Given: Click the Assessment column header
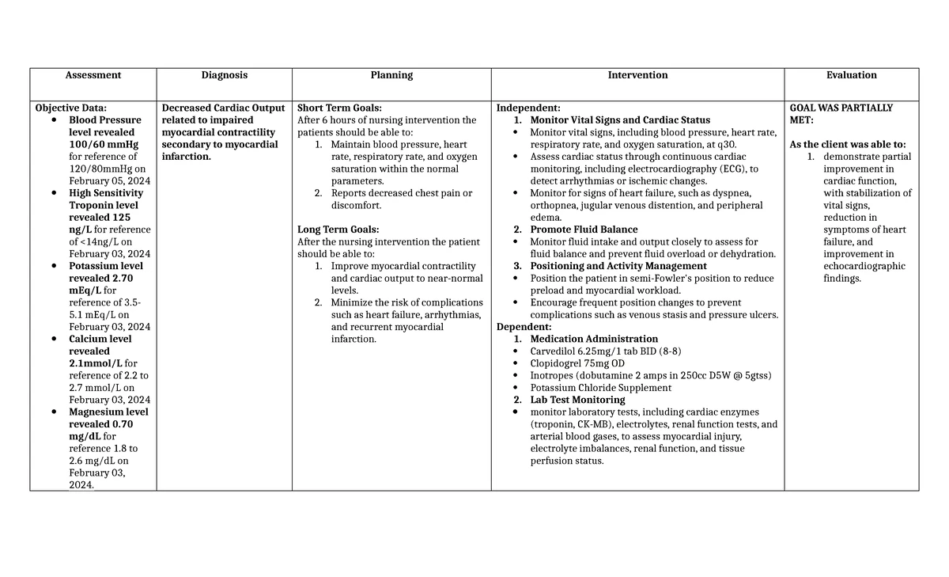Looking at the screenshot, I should pos(93,75).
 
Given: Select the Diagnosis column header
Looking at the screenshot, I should pos(224,75).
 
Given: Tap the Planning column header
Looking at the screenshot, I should pos(391,75).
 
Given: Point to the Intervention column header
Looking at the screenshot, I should pos(637,75).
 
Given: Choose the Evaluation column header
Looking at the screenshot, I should pos(851,75).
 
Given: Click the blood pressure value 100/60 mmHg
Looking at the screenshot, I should pos(103,145).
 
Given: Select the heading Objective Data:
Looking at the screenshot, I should pos(70,108).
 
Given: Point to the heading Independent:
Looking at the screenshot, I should pos(527,108).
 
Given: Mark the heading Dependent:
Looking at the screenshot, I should pos(524,327).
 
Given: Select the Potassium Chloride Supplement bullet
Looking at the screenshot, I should pos(600,388).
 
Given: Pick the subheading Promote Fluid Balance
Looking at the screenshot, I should pos(584,230).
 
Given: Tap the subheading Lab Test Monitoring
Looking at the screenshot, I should pos(577,400).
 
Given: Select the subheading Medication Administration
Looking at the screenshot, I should pos(593,339).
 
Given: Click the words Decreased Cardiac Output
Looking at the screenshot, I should pos(223,108).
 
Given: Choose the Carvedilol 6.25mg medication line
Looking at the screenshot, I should pos(605,351).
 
